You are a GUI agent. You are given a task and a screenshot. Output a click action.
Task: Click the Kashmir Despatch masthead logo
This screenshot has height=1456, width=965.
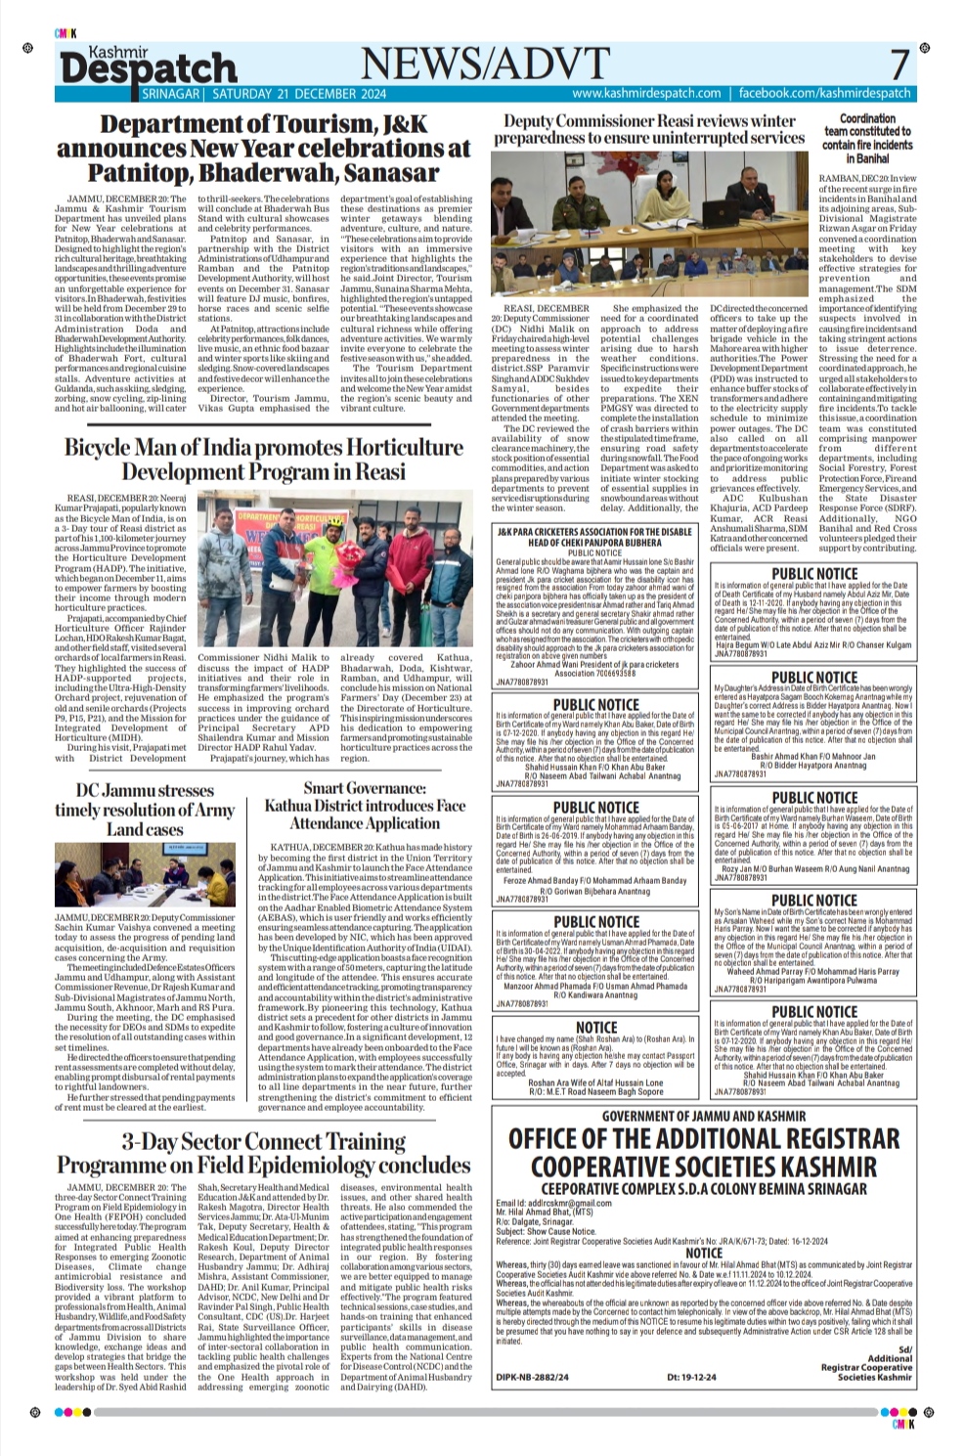point(148,65)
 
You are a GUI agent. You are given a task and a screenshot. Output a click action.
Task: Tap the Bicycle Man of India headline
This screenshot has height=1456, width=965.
point(264,460)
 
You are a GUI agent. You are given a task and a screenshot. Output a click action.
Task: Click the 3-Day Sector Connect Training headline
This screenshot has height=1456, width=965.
point(264,1153)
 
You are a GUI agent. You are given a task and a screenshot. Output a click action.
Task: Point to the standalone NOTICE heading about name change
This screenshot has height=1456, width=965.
point(596,1027)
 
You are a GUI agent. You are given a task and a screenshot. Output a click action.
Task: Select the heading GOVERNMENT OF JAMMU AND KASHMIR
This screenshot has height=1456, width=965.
point(704,1116)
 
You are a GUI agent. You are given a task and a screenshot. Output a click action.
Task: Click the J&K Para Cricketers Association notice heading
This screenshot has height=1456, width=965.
point(608,537)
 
